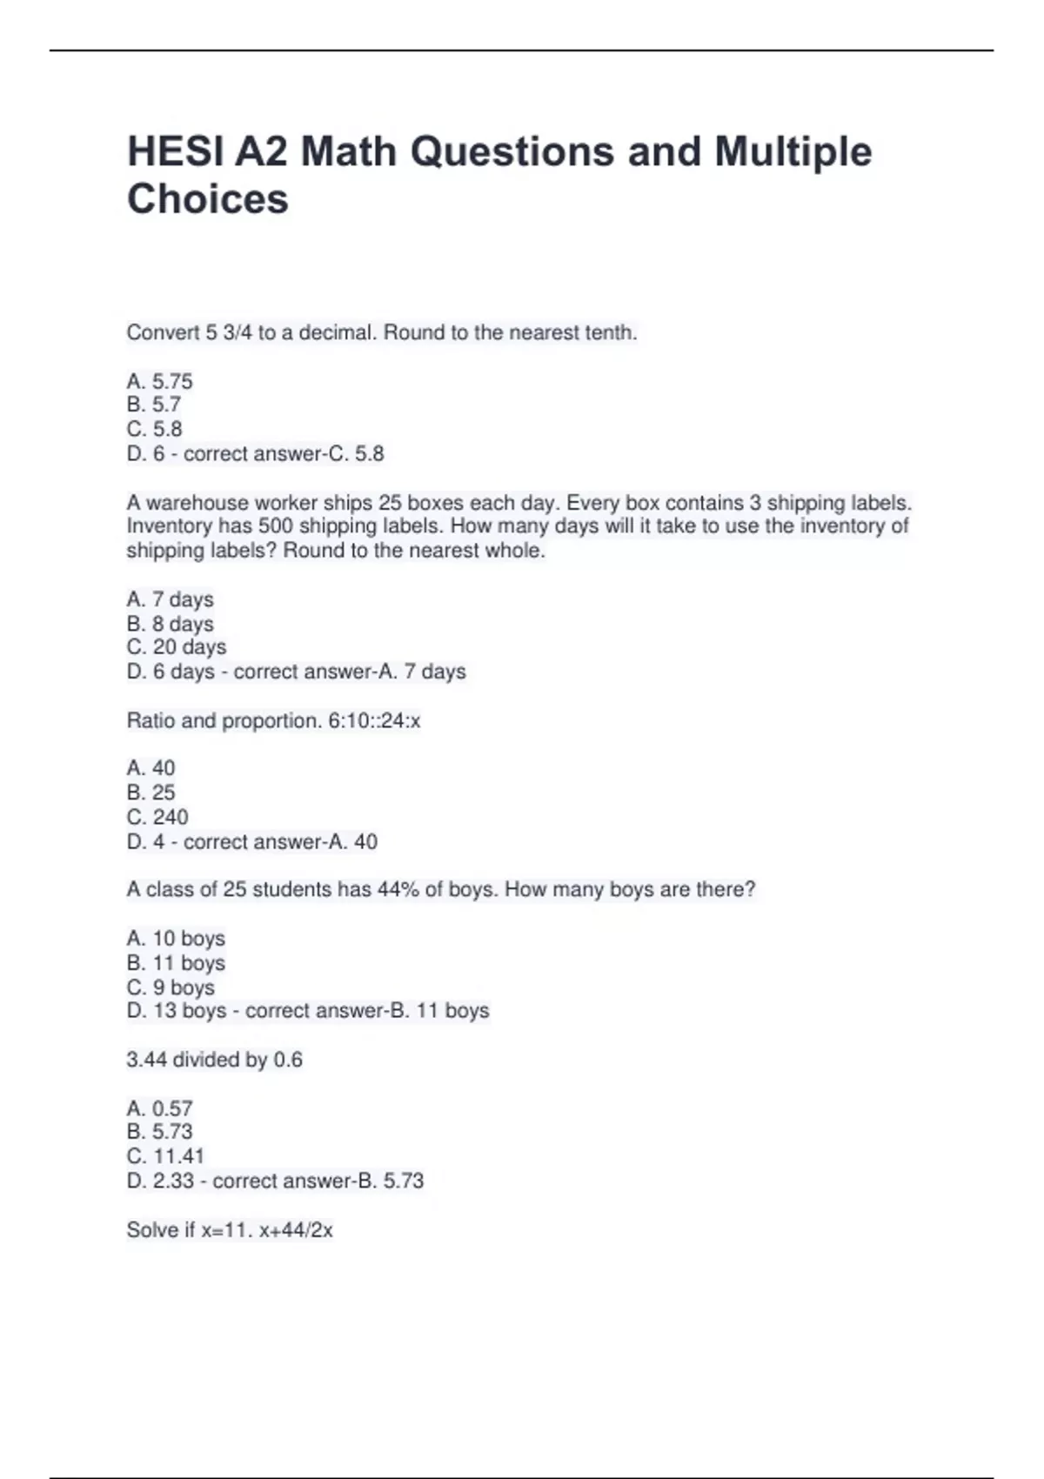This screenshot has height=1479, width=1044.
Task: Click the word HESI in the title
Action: [175, 151]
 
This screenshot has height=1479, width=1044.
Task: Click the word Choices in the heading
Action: [207, 199]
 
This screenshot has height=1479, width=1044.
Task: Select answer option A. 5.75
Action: [159, 381]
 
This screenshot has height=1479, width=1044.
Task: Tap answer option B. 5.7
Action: [153, 405]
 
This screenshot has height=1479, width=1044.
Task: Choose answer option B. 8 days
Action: [170, 624]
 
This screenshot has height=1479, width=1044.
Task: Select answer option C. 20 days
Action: [176, 647]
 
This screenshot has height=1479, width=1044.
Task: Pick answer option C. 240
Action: [157, 817]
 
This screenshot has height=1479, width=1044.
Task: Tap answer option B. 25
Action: [151, 793]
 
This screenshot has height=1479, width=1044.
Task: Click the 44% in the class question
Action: [398, 889]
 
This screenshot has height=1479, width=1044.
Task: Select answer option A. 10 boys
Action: [176, 938]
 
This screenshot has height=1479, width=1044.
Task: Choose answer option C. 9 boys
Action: [171, 987]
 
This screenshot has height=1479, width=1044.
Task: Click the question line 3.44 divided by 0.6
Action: [214, 1060]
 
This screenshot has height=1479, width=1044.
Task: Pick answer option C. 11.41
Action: [165, 1156]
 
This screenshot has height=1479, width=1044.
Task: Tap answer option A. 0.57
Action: [159, 1108]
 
